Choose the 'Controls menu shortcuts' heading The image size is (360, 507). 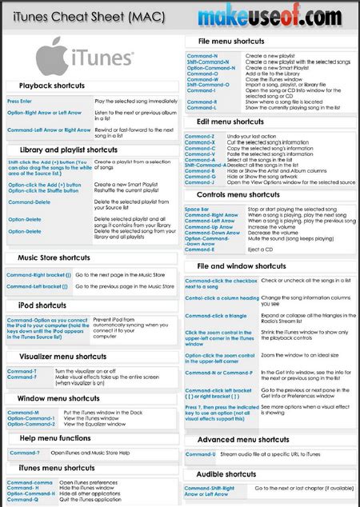tap(238, 194)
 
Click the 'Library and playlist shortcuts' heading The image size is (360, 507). tap(68, 150)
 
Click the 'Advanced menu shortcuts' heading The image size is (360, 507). tap(243, 440)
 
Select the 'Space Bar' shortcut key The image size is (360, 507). tap(197, 209)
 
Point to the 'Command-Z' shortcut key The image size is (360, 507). tap(199, 137)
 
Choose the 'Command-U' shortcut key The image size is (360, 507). tap(200, 455)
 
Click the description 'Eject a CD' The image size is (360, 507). tap(260, 250)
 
